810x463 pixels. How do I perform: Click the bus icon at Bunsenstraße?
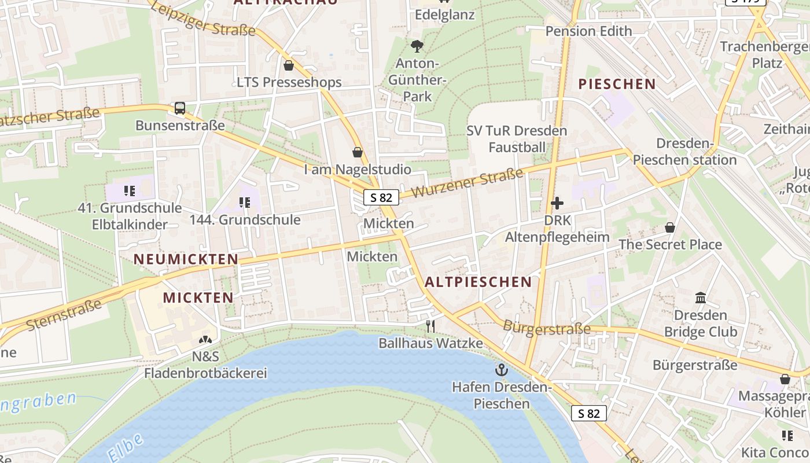point(180,108)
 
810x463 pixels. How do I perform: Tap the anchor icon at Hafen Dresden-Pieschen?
point(501,369)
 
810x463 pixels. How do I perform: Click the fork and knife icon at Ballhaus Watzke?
point(430,326)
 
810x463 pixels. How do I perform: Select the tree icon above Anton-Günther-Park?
point(417,46)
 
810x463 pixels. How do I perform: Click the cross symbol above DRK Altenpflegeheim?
point(557,203)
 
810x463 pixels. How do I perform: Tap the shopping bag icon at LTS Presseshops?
point(289,65)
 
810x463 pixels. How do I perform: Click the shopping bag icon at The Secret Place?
point(670,227)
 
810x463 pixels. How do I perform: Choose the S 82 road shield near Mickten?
point(381,197)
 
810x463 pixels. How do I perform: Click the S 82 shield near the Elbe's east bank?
point(589,413)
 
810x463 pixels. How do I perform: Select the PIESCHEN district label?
point(617,84)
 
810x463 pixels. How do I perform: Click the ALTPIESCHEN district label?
point(478,282)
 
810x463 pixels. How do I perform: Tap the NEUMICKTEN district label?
point(186,259)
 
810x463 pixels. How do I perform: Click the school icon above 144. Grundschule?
point(245,203)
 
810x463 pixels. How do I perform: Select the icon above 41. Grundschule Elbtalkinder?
point(129,190)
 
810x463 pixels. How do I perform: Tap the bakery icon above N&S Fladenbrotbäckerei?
point(205,340)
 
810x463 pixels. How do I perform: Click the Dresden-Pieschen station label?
point(684,152)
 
